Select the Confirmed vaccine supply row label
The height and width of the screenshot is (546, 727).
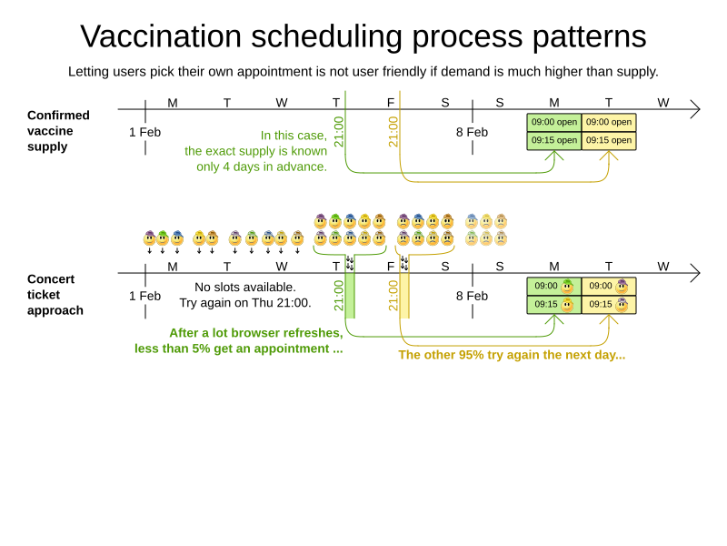pyautogui.click(x=58, y=130)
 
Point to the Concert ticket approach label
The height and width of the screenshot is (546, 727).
pyautogui.click(x=55, y=294)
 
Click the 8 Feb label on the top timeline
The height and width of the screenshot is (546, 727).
pyautogui.click(x=472, y=132)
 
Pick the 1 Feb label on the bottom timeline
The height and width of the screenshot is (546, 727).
pyautogui.click(x=144, y=296)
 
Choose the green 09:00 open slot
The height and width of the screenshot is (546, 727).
pyautogui.click(x=554, y=122)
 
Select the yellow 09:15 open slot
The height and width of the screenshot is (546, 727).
pyautogui.click(x=609, y=140)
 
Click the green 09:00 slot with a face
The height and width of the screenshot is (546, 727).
pyautogui.click(x=554, y=286)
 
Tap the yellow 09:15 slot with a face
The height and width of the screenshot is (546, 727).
pyautogui.click(x=609, y=304)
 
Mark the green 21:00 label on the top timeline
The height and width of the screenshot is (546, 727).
pyautogui.click(x=339, y=131)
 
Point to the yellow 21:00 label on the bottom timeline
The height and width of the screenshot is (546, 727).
pyautogui.click(x=393, y=295)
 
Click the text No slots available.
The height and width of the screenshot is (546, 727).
pyautogui.click(x=245, y=288)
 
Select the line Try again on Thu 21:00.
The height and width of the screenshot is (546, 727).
pyautogui.click(x=245, y=303)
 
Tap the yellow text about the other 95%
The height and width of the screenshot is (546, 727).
pyautogui.click(x=512, y=355)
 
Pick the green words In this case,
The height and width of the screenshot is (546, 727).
pyautogui.click(x=294, y=136)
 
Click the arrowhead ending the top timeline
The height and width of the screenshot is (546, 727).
pyautogui.click(x=695, y=109)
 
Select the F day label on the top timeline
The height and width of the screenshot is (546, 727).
pyautogui.click(x=391, y=103)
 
